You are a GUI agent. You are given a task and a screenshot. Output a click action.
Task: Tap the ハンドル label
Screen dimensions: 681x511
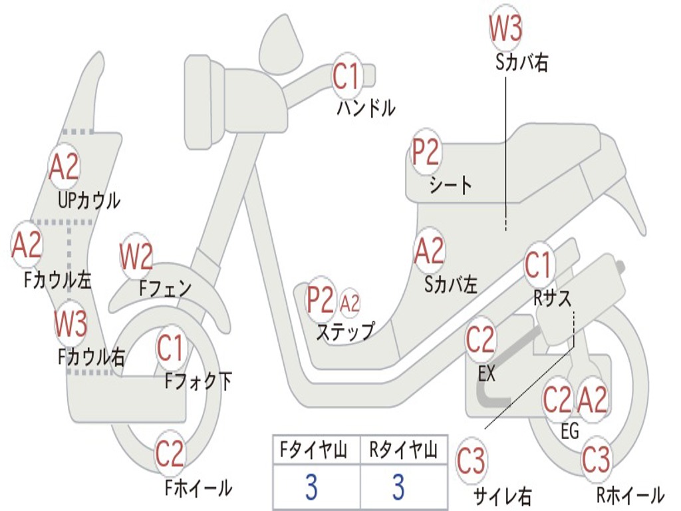coord(366,108)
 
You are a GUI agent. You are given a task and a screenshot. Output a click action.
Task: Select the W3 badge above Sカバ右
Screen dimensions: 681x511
coord(505,27)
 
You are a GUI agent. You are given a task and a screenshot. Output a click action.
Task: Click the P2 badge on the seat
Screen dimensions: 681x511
coord(426,152)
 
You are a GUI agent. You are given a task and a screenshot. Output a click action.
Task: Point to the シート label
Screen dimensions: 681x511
coord(451,185)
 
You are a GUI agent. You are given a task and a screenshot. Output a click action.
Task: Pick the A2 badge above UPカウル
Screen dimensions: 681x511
coord(65,166)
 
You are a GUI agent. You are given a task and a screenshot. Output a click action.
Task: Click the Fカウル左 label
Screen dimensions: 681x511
coord(58,280)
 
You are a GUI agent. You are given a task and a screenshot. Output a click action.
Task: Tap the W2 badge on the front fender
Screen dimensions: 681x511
coord(136,256)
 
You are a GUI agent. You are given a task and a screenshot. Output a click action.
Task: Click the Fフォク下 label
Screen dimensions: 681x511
coord(198,381)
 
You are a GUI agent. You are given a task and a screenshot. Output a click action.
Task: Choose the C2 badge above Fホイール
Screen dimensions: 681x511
coord(170,454)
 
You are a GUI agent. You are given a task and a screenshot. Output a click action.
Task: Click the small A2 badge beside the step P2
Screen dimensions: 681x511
coord(350,303)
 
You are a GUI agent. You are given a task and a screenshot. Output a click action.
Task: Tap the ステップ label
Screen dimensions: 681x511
coord(345,331)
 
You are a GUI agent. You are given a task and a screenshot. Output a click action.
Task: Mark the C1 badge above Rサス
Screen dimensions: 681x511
coord(539,264)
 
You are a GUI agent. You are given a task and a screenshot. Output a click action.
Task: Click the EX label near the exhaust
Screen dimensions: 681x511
coord(486,373)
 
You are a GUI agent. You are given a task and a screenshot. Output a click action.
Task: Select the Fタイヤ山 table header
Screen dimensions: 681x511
coord(314,450)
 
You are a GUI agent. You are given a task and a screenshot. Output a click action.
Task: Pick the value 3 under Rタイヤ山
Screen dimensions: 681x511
coord(399,486)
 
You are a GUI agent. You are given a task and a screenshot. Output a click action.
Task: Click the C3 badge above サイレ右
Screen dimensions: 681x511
coord(471,460)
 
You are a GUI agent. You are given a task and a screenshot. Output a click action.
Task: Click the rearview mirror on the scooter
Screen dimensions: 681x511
coord(281,45)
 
